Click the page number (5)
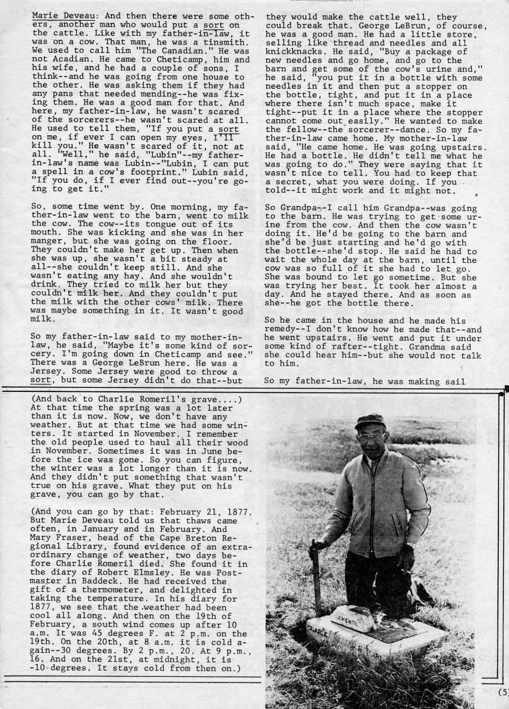point(502,691)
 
